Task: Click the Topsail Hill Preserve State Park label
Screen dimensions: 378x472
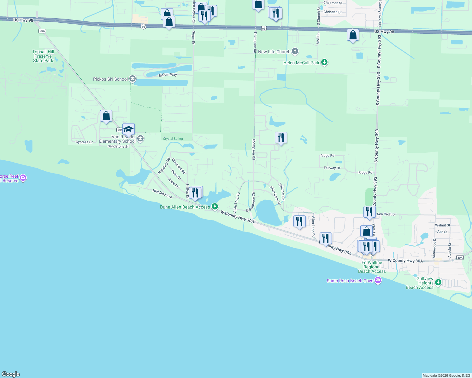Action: pos(43,56)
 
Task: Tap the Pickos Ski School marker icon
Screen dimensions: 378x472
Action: pos(133,79)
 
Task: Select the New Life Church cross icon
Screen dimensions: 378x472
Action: pos(295,51)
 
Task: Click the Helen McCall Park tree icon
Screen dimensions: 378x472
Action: pos(324,62)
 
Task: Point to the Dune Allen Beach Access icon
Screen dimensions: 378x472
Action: pos(215,207)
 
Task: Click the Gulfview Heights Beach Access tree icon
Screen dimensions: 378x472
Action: pos(438,283)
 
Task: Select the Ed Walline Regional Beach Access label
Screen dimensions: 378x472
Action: pos(372,267)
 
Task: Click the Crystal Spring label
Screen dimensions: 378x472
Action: pos(173,139)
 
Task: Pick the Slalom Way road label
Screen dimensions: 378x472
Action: pos(168,75)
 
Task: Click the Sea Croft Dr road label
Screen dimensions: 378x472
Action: pos(386,214)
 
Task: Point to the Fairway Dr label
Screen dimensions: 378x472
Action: pos(332,168)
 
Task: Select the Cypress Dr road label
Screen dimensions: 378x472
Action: pos(84,142)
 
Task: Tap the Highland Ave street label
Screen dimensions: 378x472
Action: pos(162,193)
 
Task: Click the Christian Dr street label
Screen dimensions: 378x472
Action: pos(333,12)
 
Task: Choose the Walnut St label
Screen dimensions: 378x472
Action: pos(443,225)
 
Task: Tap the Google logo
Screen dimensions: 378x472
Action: pos(11,374)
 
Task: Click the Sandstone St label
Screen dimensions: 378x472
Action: pos(118,146)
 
